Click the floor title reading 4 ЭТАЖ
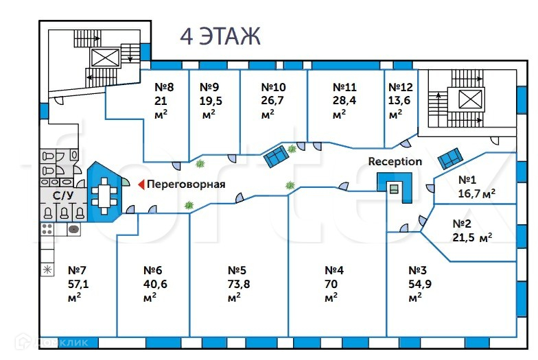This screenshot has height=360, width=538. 220,36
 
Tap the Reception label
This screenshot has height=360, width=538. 395,162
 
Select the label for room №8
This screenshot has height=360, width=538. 164,87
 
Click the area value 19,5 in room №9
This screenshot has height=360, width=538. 211,101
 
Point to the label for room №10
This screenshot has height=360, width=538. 273,87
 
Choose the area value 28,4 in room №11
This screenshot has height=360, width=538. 344,100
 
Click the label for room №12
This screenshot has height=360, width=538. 401,87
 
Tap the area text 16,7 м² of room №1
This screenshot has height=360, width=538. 476,193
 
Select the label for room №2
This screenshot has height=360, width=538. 462,224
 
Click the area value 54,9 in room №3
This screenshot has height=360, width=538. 420,284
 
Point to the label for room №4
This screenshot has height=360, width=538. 334,270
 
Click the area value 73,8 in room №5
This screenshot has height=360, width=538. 239,284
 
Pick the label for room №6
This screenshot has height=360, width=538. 152,270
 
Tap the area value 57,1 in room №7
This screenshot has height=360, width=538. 78,284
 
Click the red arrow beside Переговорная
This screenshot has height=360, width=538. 141,184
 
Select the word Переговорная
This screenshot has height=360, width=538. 186,184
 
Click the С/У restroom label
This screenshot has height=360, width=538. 63,196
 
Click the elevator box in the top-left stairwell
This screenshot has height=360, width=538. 105,58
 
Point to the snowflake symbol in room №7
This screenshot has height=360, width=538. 47,270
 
